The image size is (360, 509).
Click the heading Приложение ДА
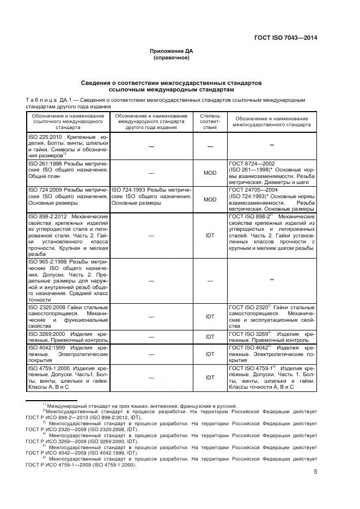[172, 51]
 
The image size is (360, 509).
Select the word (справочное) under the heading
[172, 57]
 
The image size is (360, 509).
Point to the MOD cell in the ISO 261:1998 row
[210, 173]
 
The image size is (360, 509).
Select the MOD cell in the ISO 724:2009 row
[210, 199]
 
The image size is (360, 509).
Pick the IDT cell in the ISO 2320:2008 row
[210, 316]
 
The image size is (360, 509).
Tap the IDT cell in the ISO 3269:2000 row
[210, 336]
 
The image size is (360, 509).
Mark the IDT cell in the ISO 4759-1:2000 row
[210, 377]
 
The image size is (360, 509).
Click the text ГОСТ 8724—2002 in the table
[251, 163]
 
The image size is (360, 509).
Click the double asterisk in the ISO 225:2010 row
[271, 145]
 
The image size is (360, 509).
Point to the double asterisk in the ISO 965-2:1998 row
[271, 280]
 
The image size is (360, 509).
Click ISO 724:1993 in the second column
[129, 189]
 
